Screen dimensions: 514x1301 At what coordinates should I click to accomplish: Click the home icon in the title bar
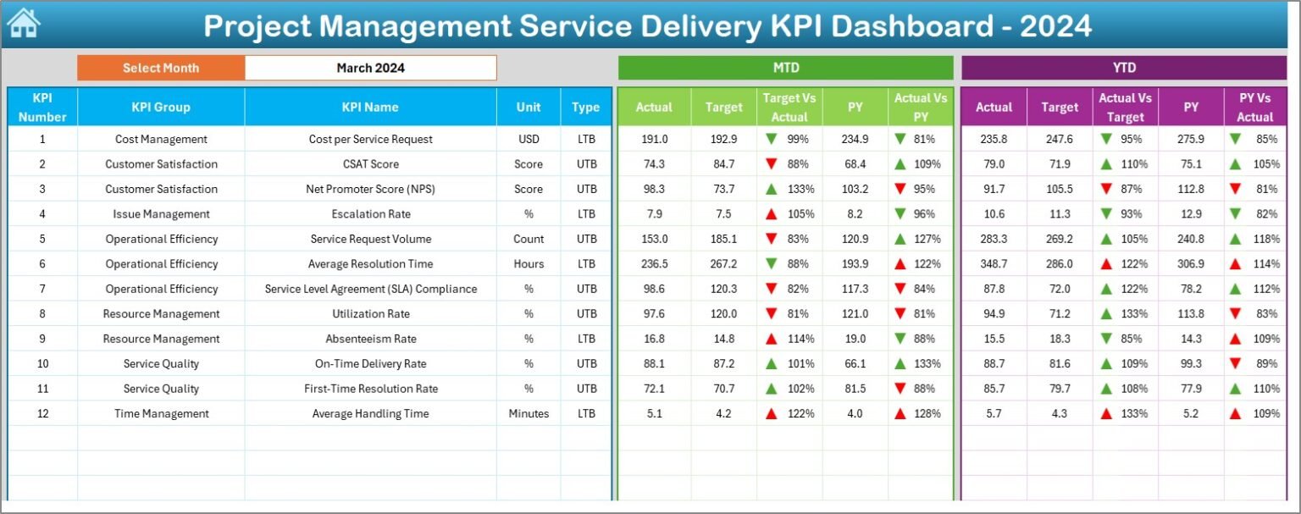click(x=23, y=24)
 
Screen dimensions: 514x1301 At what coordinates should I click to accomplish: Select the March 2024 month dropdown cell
click(x=370, y=68)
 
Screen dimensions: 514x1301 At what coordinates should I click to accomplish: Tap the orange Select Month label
click(x=161, y=68)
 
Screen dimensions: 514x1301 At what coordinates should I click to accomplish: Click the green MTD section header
click(x=785, y=68)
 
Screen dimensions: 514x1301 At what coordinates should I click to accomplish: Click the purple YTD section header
click(x=1124, y=68)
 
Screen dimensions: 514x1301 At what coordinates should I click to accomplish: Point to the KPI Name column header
click(x=370, y=108)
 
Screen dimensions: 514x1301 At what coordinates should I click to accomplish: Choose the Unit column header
click(x=529, y=108)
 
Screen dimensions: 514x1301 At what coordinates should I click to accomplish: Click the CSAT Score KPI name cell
click(x=370, y=164)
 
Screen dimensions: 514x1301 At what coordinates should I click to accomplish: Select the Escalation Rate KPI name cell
click(x=370, y=214)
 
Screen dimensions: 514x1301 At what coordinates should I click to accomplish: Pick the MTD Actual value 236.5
click(x=654, y=264)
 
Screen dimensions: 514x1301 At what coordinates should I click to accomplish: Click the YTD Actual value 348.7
click(x=994, y=264)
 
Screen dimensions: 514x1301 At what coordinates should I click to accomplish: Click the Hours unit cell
click(x=529, y=264)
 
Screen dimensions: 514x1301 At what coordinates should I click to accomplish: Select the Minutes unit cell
click(x=529, y=414)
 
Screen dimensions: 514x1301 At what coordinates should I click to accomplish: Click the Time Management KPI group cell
click(x=161, y=414)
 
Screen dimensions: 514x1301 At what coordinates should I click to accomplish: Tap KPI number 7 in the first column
click(x=42, y=289)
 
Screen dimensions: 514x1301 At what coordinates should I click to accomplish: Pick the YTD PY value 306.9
click(x=1191, y=264)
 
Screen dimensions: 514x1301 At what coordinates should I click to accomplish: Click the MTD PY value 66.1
click(x=855, y=364)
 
